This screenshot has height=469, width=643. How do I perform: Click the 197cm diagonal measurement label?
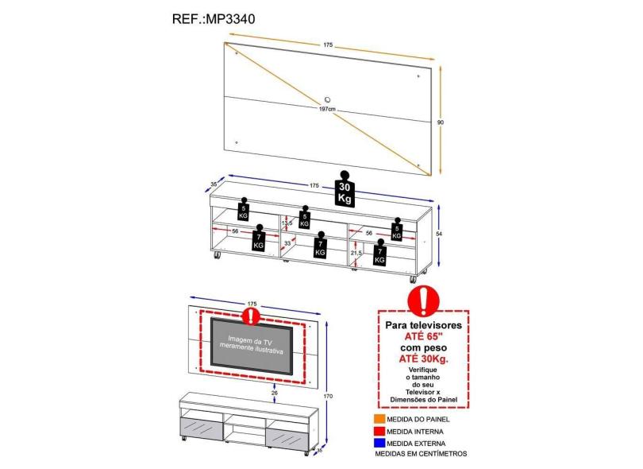tap(326, 109)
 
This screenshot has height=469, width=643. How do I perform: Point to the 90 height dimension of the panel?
tap(441, 122)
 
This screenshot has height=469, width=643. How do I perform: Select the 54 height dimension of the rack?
tap(440, 234)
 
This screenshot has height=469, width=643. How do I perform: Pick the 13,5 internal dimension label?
tap(287, 223)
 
